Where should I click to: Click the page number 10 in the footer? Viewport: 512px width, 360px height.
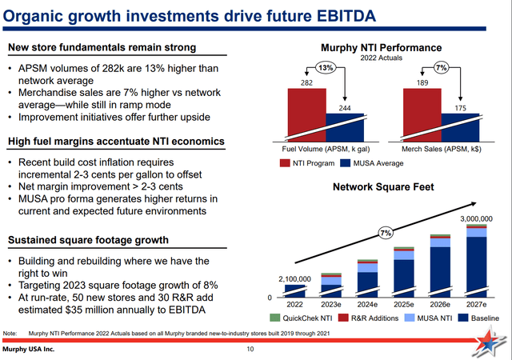click(250, 349)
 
